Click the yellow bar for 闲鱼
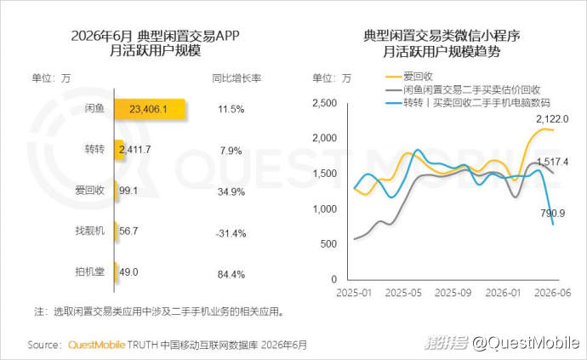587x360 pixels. pos(150,109)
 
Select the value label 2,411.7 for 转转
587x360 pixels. pos(134,150)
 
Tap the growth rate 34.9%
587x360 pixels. pos(231,191)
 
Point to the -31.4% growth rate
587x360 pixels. pos(231,233)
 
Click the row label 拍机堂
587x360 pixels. pos(90,271)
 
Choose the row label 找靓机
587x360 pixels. pos(90,231)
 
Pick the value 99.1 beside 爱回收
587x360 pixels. pos(128,191)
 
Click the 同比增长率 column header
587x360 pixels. pos(237,78)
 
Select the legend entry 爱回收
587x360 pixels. pos(409,77)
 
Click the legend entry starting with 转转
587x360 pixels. pos(468,102)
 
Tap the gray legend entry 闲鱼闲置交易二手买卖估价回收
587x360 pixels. pos(463,89)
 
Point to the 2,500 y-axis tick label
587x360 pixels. pos(325,103)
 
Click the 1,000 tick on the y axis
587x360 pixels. pos(325,209)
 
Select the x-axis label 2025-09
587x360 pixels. pos(453,293)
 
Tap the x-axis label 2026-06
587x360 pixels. pos(553,293)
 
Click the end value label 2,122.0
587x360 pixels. pos(552,119)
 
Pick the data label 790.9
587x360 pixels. pos(553,213)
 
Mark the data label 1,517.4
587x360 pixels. pos(553,162)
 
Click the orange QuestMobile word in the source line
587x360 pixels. pos(96,345)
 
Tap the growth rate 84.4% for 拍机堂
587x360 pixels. pos(231,275)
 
